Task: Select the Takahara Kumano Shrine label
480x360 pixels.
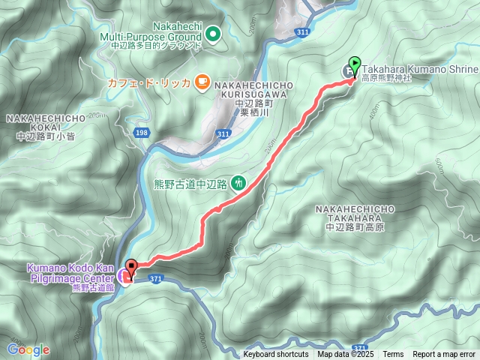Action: click(x=418, y=70)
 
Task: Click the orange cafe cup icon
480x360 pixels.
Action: click(x=202, y=81)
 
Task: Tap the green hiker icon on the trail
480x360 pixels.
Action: click(x=238, y=182)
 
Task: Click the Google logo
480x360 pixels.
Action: click(x=28, y=349)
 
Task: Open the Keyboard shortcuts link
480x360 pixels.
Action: click(x=275, y=355)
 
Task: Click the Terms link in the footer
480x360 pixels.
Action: click(x=393, y=355)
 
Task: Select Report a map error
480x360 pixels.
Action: click(x=444, y=355)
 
